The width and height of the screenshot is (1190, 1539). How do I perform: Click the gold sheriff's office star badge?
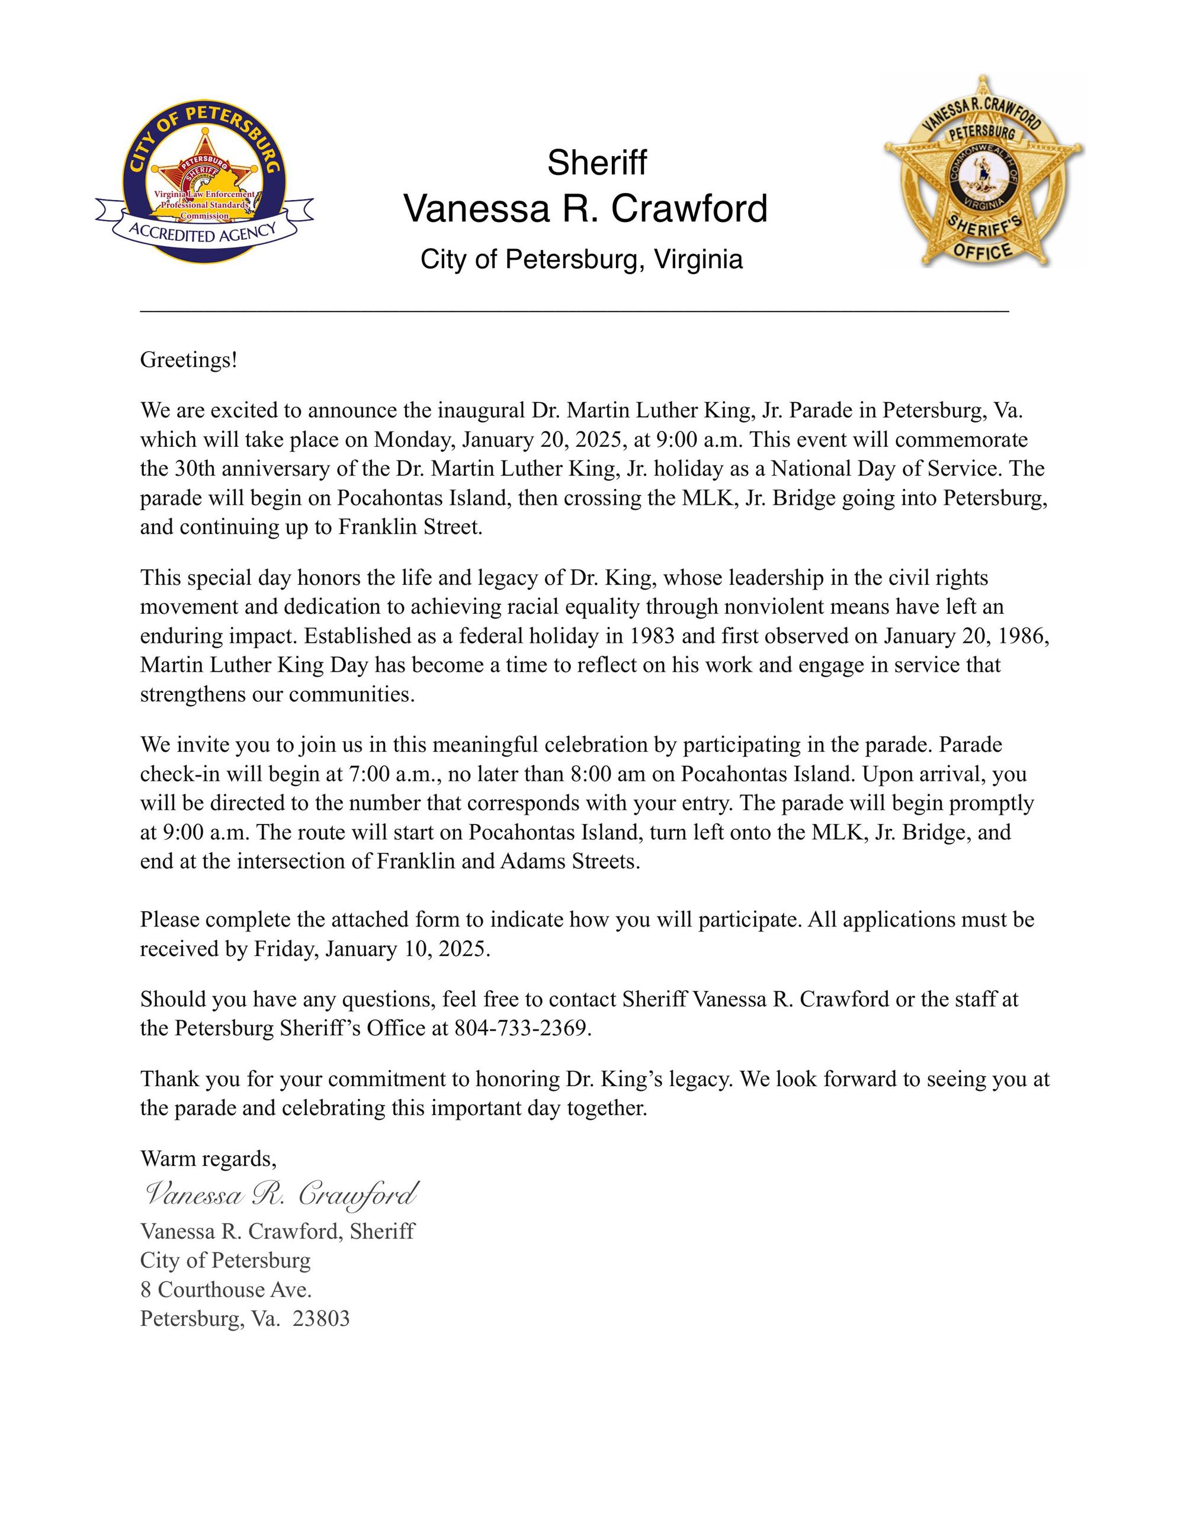[984, 171]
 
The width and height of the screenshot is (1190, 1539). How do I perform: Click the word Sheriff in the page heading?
[596, 163]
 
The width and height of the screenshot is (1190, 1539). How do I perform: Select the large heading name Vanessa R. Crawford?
[585, 210]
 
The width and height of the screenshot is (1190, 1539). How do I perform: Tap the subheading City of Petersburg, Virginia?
[582, 259]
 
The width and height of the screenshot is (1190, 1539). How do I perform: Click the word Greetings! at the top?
[189, 360]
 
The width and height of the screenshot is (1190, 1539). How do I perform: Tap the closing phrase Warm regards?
[209, 1158]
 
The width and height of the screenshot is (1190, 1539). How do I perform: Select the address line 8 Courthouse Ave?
[226, 1290]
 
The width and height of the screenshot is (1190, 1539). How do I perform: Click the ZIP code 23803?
[321, 1319]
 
